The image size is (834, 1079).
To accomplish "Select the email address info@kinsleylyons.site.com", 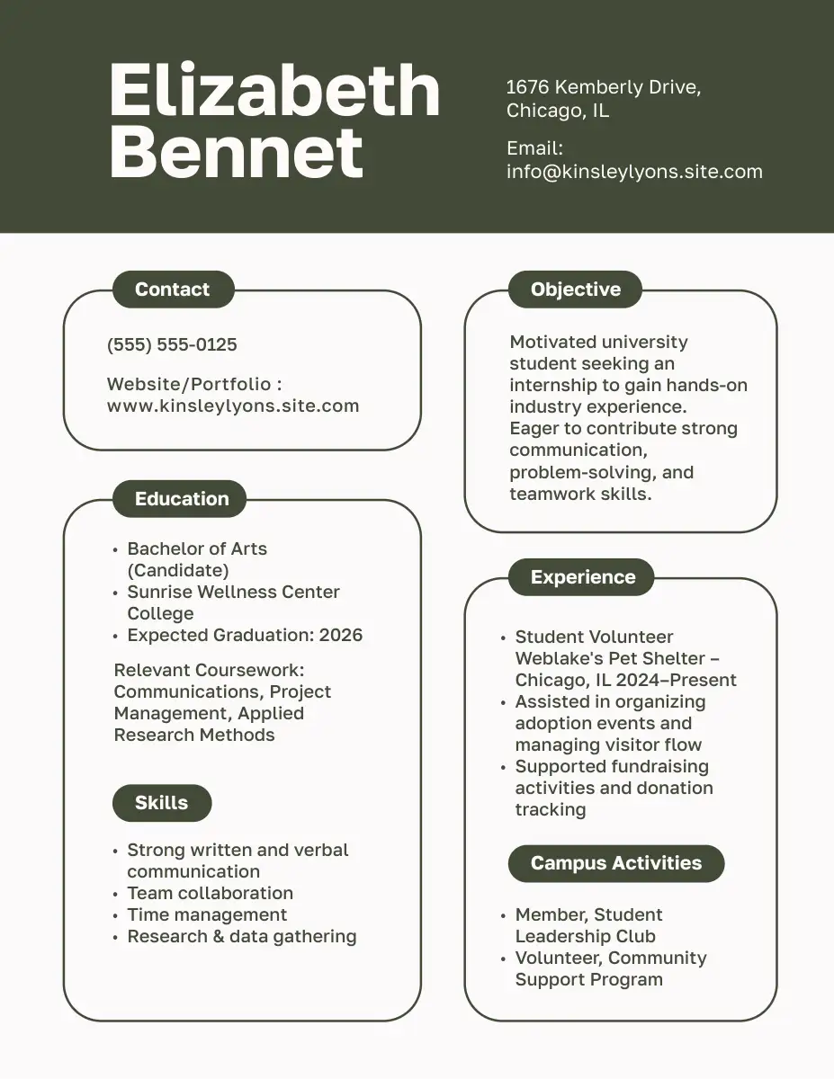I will (634, 172).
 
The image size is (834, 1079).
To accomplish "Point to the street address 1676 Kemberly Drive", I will (603, 87).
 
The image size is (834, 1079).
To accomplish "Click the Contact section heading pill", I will (172, 290).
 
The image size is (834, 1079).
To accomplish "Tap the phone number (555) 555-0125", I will (172, 344).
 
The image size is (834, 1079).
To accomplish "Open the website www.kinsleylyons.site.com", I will (233, 406).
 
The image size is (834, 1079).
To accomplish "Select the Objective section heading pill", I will (576, 290).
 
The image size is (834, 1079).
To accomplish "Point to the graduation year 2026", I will (341, 635).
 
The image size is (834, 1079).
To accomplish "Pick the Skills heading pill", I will (162, 803).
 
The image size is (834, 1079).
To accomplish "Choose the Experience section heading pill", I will (583, 577).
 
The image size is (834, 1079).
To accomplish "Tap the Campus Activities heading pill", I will (616, 863).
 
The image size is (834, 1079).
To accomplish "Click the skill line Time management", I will (207, 914).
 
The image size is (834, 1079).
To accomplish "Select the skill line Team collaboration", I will (210, 893).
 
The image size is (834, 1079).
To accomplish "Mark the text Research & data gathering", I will (241, 936).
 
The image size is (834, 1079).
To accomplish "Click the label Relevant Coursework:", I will (210, 670).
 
